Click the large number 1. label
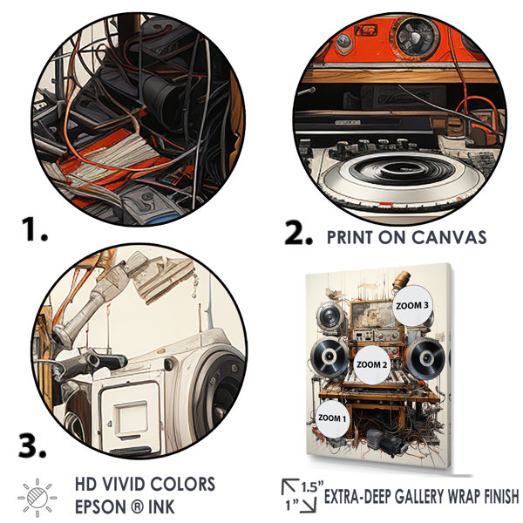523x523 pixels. coord(35,228)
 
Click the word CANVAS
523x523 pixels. coord(449,237)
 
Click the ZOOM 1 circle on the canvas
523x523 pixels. coord(332,418)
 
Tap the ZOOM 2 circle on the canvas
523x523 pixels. coord(372,364)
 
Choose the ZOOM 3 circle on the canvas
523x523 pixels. coord(412,305)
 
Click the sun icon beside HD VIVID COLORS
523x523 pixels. coord(37,498)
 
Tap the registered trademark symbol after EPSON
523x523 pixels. coord(136,507)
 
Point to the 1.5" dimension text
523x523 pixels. coord(313,486)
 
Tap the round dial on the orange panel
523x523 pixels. coord(417,36)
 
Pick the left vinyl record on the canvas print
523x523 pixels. coord(329,357)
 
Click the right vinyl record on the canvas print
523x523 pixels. coord(425,358)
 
